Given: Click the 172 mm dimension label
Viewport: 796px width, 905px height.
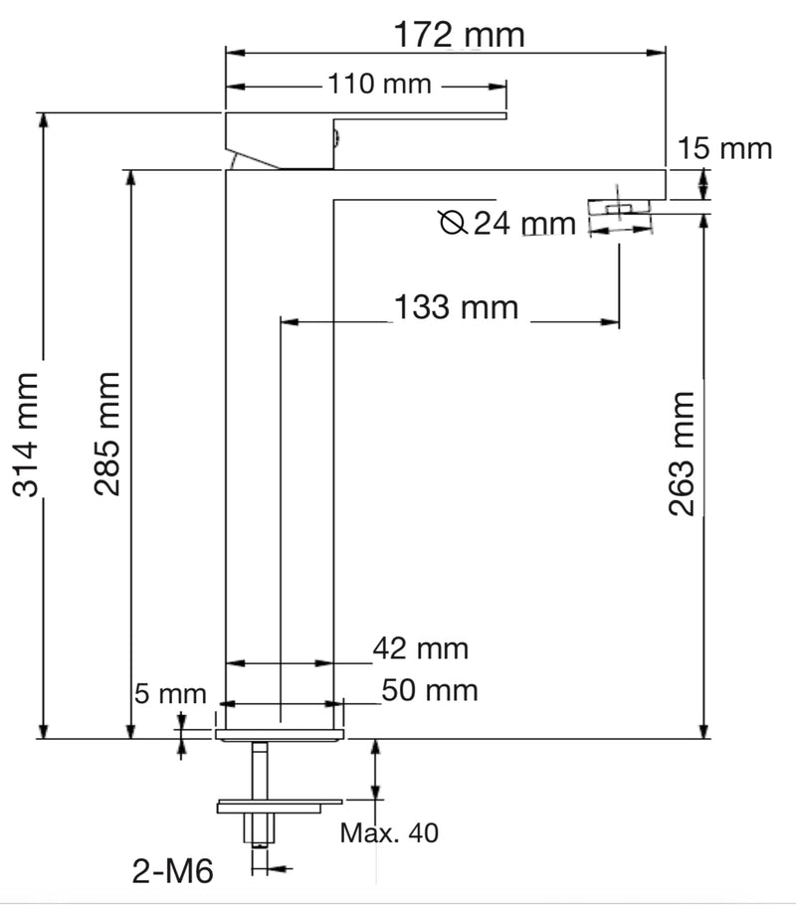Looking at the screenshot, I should point(459,36).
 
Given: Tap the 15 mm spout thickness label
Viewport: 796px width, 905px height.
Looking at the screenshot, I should point(724,148).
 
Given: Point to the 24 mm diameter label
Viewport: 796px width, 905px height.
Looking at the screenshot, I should point(523,223).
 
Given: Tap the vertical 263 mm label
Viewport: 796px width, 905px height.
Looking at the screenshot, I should point(682,452).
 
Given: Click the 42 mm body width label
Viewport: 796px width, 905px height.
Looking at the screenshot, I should point(419,649).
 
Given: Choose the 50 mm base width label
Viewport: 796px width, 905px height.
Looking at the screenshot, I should point(428,689).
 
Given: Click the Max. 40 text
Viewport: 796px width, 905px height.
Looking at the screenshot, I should point(389,831).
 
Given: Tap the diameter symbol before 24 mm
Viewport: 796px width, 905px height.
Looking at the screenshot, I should point(453,223).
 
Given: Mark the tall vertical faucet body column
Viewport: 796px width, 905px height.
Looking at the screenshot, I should point(280,448).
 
